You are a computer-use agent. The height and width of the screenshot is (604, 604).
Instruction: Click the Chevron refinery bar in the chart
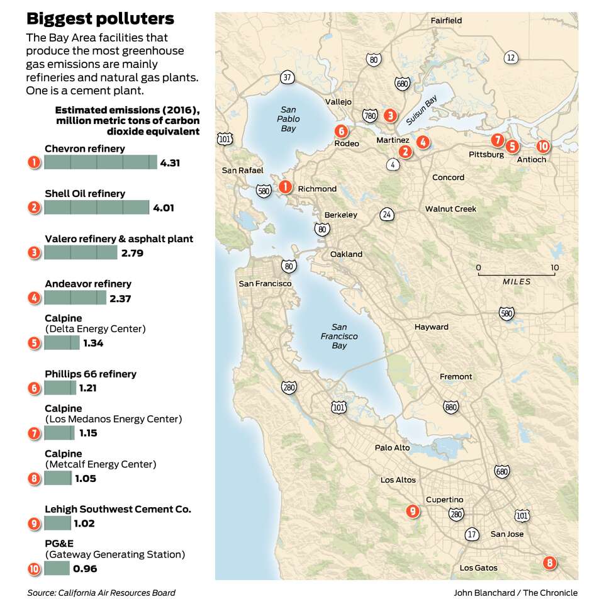coord(101,162)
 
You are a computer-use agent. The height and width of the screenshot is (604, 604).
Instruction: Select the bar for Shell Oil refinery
coord(96,208)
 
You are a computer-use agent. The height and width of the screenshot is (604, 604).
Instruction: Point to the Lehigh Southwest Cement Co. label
coord(118,509)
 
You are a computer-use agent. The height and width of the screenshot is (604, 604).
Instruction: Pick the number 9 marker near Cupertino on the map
coord(413,511)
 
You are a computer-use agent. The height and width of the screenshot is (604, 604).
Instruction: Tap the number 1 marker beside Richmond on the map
coord(285,187)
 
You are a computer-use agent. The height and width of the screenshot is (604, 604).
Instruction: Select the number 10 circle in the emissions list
coord(35,569)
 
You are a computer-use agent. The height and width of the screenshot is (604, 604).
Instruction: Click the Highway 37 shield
coord(288,78)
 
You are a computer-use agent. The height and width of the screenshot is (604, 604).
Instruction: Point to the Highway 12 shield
coord(511,58)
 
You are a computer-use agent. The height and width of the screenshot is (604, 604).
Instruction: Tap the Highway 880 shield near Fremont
coord(450,407)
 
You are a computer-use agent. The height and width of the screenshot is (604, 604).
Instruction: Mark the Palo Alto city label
coord(392,448)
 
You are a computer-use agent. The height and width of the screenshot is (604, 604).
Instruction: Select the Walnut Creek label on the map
coord(450,209)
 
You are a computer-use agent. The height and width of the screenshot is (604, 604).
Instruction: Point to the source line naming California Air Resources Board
coord(101,593)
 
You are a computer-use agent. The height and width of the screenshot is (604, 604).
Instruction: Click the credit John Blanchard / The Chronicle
coord(515,593)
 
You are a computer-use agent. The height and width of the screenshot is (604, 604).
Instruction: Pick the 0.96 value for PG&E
coord(85,569)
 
